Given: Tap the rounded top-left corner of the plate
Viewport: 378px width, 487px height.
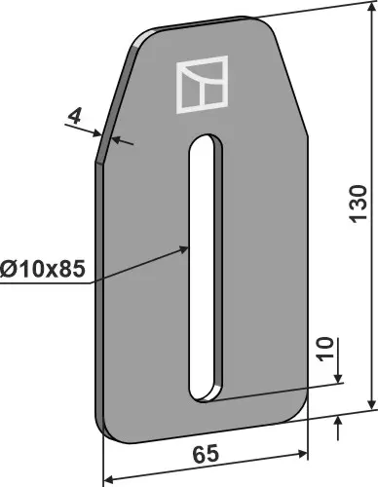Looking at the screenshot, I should (x=137, y=38).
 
